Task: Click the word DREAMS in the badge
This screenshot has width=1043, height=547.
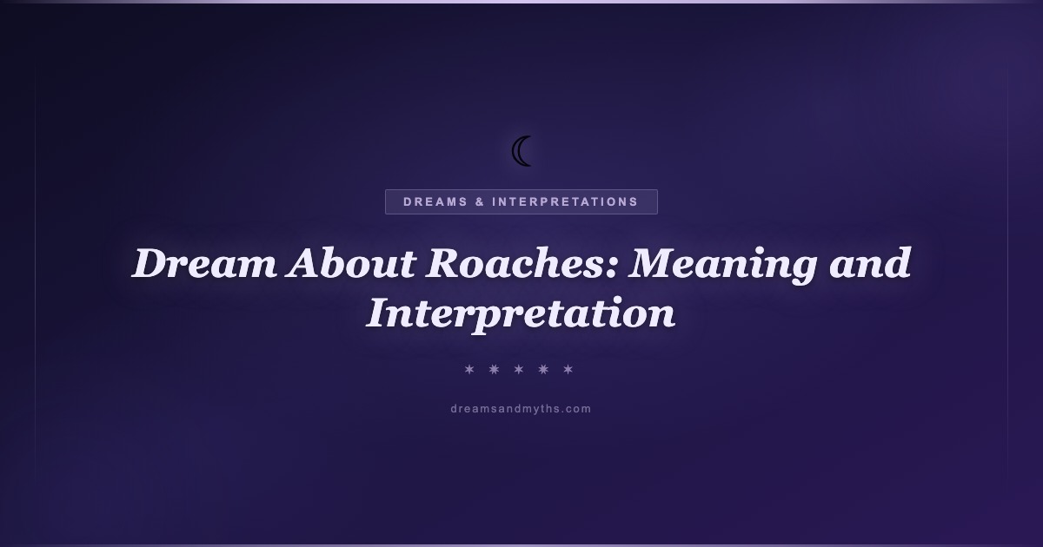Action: coord(435,201)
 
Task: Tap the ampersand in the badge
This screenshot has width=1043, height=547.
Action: coord(480,201)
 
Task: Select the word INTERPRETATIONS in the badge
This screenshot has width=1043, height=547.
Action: coord(565,201)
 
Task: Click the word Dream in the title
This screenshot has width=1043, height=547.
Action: coord(203,263)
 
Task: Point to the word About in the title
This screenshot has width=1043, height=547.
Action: coord(350,263)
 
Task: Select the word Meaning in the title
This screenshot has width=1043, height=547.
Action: coord(722,265)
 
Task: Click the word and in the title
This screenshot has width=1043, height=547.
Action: coord(869,263)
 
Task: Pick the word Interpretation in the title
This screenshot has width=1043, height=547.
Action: coord(521,314)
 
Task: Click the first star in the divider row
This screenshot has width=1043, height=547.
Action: coord(469,369)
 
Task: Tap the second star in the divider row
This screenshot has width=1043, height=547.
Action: coord(494,369)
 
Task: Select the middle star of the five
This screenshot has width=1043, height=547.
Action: coord(519,369)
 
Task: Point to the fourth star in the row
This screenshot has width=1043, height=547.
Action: coord(543,369)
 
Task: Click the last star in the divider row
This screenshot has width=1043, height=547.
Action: coord(568,369)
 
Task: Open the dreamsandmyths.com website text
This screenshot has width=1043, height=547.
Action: coord(521,409)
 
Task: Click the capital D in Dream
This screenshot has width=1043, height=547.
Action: coord(152,263)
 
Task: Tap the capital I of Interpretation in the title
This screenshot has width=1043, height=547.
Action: coord(382,313)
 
